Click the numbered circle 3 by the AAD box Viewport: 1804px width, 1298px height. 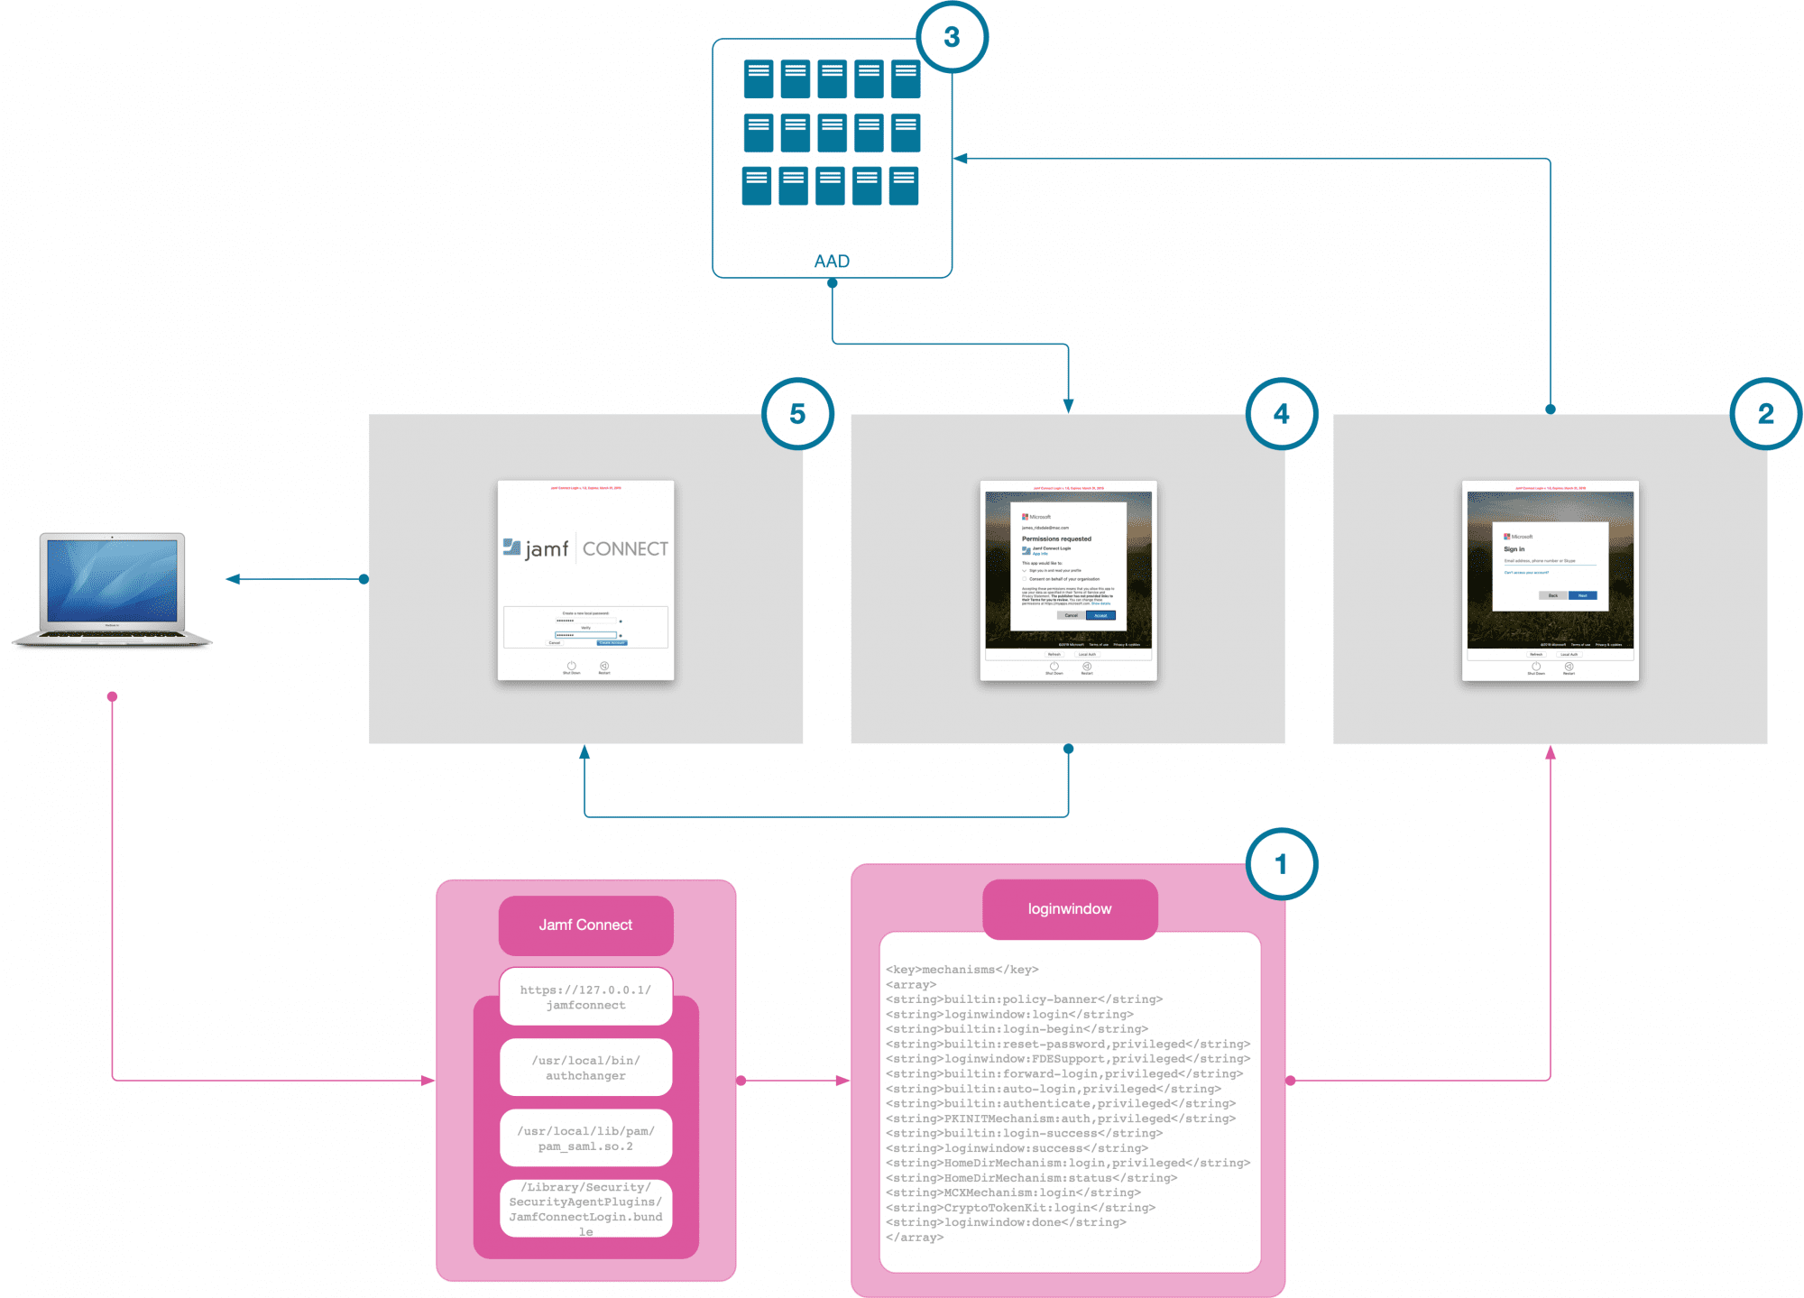point(952,37)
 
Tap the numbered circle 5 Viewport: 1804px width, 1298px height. point(797,414)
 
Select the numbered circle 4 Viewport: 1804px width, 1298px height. point(1281,414)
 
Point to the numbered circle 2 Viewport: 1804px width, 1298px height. point(1765,414)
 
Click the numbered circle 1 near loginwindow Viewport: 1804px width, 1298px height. point(1281,864)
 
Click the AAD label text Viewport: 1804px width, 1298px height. point(832,262)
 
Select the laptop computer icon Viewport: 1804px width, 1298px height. point(112,590)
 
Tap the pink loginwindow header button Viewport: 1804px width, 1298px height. point(1069,909)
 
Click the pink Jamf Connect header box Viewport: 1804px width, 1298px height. point(585,925)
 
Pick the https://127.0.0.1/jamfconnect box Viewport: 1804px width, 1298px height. point(585,998)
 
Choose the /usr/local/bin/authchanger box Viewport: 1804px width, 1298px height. point(585,1068)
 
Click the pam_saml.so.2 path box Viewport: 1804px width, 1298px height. point(585,1138)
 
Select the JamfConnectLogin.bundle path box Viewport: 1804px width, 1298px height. point(585,1209)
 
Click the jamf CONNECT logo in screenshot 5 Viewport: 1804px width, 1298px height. point(585,548)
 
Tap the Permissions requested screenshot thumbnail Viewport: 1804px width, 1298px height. point(1068,580)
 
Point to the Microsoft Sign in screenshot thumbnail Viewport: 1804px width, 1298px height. point(1550,580)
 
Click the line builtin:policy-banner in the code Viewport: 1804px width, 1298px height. point(1024,999)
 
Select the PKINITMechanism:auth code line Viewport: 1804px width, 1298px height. point(1060,1118)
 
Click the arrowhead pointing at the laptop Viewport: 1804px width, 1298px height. point(234,579)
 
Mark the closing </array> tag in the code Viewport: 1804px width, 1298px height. point(915,1238)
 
